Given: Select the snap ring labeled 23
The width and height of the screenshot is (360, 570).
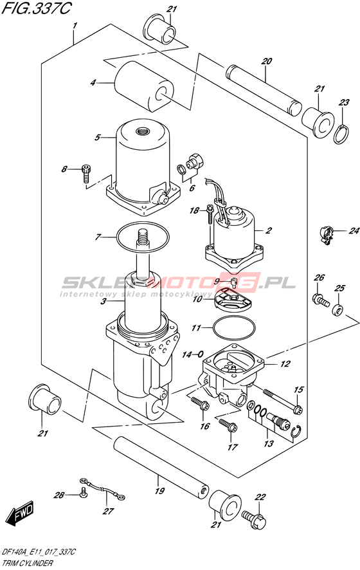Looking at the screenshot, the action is pos(341,135).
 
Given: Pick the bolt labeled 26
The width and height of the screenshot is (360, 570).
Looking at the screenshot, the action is pos(319,299).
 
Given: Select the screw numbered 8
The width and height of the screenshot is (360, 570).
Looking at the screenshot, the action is pos(85,172).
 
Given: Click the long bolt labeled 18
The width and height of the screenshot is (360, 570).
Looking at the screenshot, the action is pos(210,214).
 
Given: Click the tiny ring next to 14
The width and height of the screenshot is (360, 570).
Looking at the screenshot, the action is pos(201,353).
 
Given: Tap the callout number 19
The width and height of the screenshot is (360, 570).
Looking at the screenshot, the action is pos(159,491).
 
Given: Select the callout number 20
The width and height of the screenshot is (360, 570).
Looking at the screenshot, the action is pos(267,61).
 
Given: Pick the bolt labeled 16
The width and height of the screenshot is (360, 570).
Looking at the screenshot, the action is pos(200,403).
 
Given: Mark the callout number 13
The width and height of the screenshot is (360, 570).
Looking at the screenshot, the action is pos(269,443).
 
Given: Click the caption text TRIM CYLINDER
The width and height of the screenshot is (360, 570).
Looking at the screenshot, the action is pos(27,564).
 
